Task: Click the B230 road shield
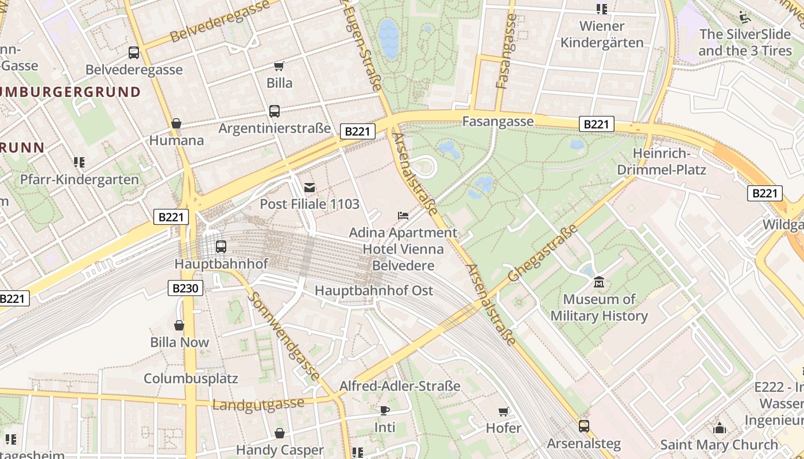185,288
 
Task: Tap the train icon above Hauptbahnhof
221,247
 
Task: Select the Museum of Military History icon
599,282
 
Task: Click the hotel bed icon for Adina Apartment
403,216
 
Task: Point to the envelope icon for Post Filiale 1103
310,187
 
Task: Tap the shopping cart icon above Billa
279,66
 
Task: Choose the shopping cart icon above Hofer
503,411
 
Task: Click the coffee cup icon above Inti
384,410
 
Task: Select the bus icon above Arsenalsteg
583,426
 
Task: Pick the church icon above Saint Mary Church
719,428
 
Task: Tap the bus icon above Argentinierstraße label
275,111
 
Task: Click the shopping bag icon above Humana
176,123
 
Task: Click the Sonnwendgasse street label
285,336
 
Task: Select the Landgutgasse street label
258,404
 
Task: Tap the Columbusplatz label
191,379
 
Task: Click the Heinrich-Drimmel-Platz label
661,162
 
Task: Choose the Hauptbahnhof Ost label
374,291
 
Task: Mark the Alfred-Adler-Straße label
400,386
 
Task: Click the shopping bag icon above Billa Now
179,325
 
